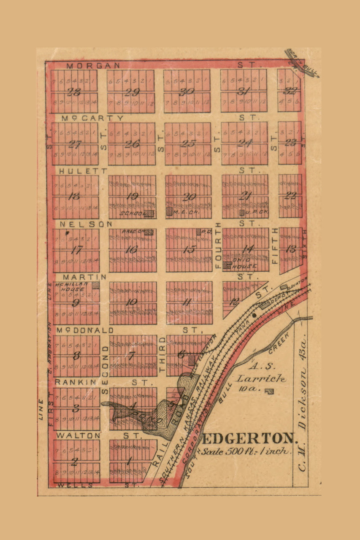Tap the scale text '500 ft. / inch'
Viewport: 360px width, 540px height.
[x=246, y=451]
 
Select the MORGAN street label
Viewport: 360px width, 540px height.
[x=93, y=65]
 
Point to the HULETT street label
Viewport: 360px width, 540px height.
[x=84, y=171]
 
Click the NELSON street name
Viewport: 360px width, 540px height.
[x=86, y=224]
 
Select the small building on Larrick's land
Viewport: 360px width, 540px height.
[x=269, y=392]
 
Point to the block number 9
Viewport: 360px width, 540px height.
[x=76, y=302]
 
